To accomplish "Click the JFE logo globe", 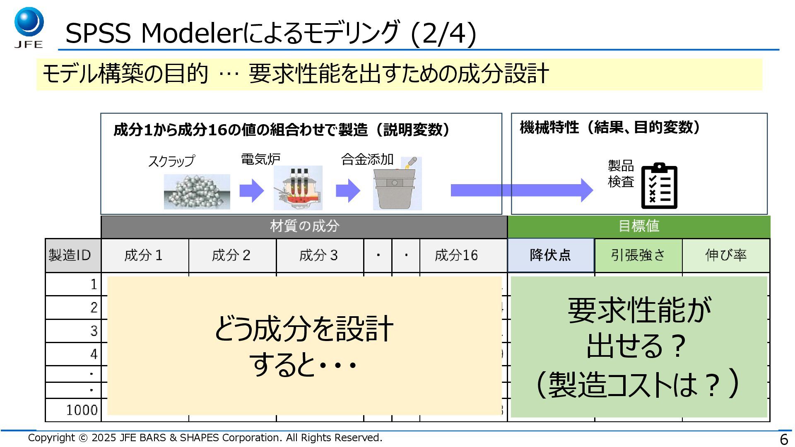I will pos(29,22).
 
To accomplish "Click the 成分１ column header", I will pos(145,255).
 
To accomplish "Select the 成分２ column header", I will pos(232,255).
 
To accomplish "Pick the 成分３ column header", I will pos(319,255).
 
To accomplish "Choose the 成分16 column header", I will pos(457,255).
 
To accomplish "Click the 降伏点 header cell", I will pos(550,255).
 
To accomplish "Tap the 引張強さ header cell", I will pos(638,255).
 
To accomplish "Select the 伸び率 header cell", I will pos(726,255).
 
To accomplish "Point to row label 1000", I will pos(82,410).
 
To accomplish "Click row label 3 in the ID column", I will pos(94,331).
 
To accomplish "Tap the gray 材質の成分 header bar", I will pos(304,226).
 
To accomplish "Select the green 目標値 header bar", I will pos(639,226).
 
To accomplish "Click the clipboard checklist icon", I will pos(659,186).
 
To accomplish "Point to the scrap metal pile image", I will pos(197,192).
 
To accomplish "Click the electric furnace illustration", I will pos(298,188).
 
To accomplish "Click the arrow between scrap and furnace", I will pos(251,191).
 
